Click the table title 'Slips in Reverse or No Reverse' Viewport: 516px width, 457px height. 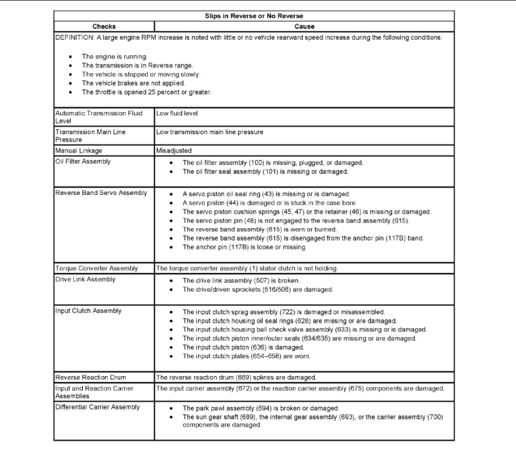tap(254, 16)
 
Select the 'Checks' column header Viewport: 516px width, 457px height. tap(104, 27)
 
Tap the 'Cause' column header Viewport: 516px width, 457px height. tap(304, 27)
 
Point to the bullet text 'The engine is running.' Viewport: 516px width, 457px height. tap(114, 57)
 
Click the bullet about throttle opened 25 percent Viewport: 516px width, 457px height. tap(146, 92)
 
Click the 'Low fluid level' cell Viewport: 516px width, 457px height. tap(177, 113)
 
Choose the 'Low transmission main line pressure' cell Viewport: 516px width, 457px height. tap(210, 132)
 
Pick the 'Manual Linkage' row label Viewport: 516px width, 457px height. tap(79, 151)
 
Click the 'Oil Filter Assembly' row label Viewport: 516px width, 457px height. tap(83, 162)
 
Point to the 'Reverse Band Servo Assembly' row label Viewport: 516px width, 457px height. tap(101, 193)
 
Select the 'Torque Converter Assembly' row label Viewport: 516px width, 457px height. tap(96, 269)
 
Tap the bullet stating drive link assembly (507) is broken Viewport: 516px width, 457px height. tap(241, 280)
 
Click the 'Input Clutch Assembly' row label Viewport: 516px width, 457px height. tap(88, 311)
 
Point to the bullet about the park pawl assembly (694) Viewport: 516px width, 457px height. tap(260, 408)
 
